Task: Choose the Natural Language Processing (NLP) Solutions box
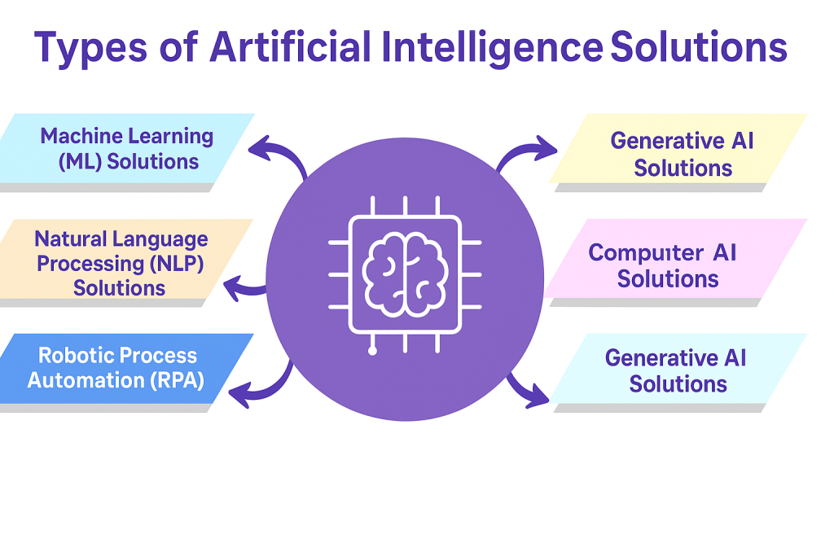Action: click(x=121, y=263)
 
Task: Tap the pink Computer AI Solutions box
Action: click(x=668, y=265)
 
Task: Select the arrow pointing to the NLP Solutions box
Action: click(x=243, y=287)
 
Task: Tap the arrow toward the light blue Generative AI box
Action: click(x=525, y=389)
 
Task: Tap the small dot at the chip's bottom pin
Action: click(x=372, y=352)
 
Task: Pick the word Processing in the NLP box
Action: click(x=90, y=264)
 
